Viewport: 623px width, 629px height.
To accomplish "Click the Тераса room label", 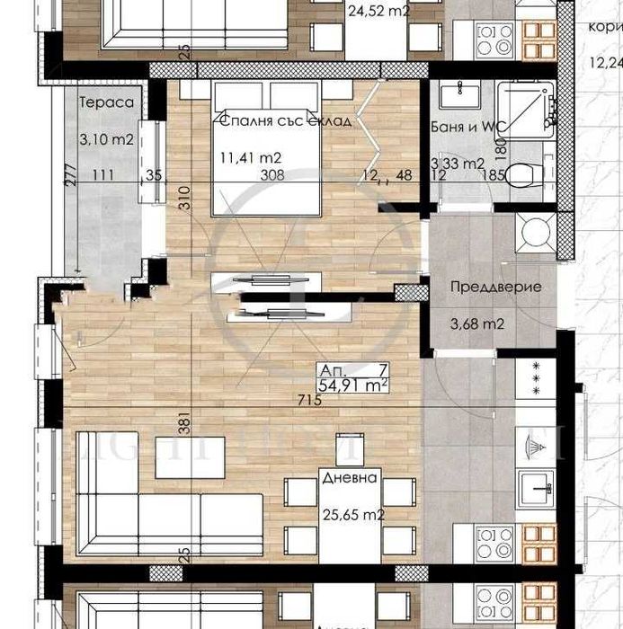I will click(x=106, y=102).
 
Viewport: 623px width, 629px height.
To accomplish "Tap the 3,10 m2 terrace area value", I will click(x=106, y=139).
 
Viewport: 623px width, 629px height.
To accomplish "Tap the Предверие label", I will click(x=494, y=288).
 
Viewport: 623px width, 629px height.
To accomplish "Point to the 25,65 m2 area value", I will click(x=353, y=516).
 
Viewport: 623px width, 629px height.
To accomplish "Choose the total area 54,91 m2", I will click(x=353, y=385).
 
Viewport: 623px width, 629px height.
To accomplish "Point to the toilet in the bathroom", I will click(x=522, y=176).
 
